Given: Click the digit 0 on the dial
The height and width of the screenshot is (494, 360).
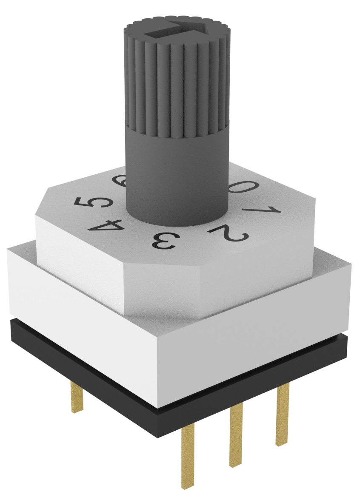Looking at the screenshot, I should [245, 187].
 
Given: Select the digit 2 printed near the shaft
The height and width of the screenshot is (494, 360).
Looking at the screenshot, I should [230, 233].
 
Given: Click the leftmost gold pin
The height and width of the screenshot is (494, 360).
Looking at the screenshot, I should [77, 395].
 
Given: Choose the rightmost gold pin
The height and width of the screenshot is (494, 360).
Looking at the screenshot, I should [283, 412].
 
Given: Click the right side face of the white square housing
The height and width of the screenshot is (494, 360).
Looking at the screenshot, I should [255, 332].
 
